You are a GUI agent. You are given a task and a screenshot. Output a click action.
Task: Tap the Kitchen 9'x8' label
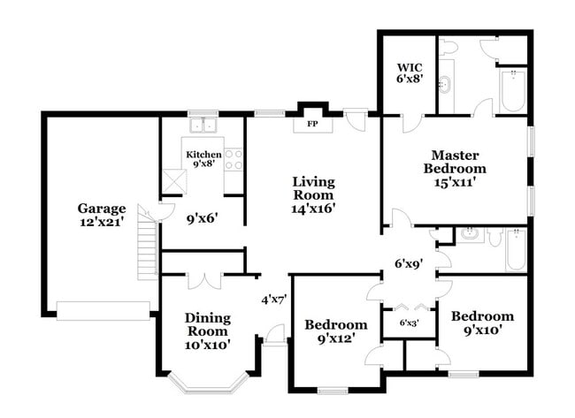pyautogui.click(x=203, y=159)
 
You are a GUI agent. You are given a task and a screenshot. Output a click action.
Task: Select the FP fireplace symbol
pyautogui.click(x=311, y=124)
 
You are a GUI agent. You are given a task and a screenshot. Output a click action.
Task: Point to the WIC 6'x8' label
pyautogui.click(x=410, y=72)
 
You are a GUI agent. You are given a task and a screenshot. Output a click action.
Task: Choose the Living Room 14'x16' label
pyautogui.click(x=313, y=195)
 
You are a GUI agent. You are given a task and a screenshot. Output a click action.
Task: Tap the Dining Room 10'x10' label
pyautogui.click(x=208, y=331)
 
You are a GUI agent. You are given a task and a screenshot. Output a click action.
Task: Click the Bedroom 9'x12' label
pyautogui.click(x=336, y=331)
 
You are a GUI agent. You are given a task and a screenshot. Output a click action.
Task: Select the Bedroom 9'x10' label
pyautogui.click(x=482, y=323)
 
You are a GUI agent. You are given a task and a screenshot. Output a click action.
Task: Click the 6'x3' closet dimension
pyautogui.click(x=409, y=323)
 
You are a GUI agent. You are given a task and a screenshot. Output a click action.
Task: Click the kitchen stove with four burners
pyautogui.click(x=234, y=159)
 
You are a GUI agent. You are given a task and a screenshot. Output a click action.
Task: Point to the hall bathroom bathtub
pyautogui.click(x=515, y=251)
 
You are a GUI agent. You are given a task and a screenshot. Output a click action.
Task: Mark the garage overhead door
pyautogui.click(x=103, y=309)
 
